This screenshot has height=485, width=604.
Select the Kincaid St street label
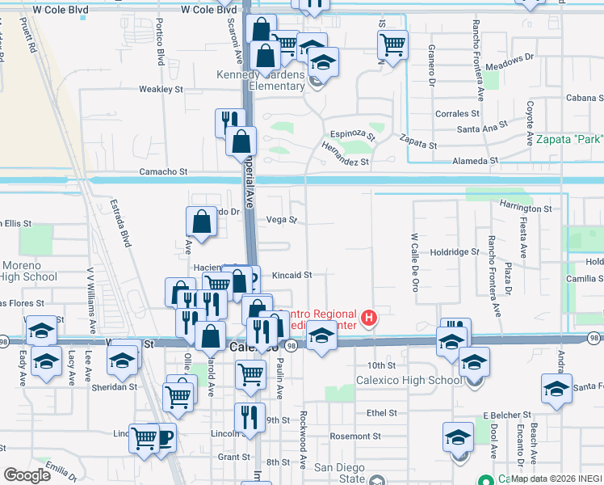coord(292,275)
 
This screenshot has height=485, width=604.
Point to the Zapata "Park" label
coord(568,139)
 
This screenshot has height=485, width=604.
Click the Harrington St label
coord(525,208)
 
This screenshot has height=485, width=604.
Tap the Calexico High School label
coord(410,381)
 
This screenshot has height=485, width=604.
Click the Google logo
coord(27,475)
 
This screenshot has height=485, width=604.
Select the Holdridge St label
coord(455,252)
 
